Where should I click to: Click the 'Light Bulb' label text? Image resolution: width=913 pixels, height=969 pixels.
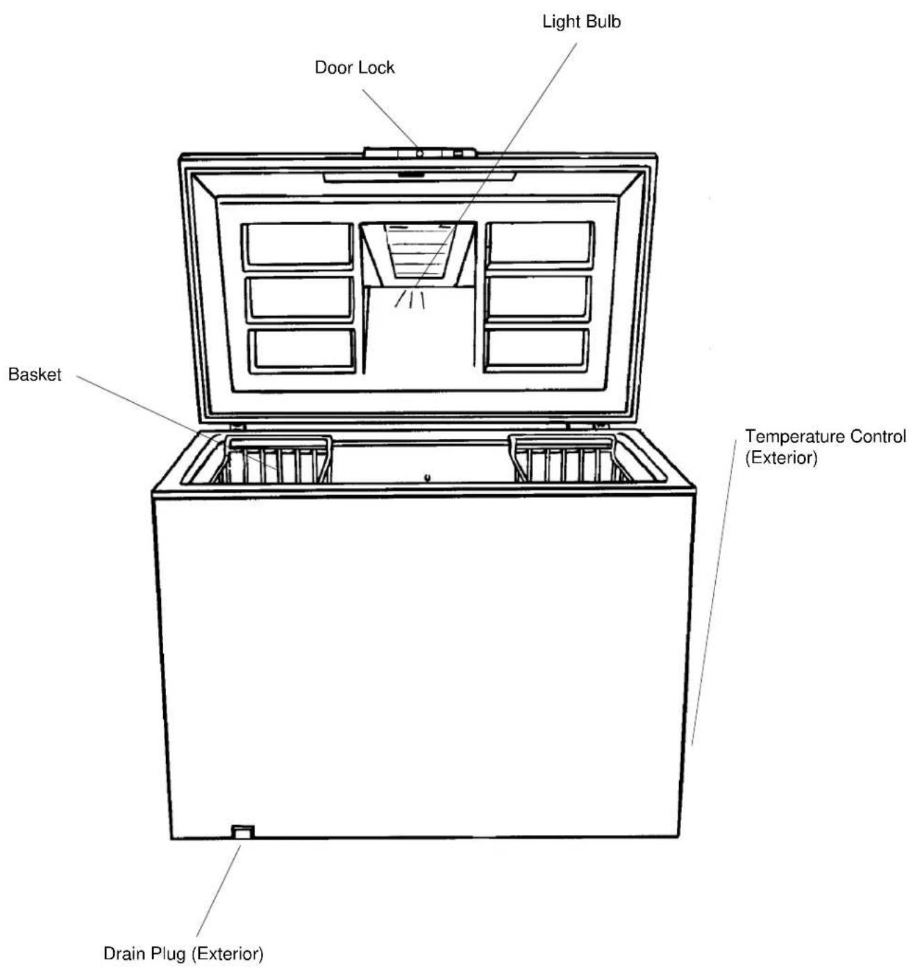coord(581,22)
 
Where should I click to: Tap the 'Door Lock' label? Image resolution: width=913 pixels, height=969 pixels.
coord(354,67)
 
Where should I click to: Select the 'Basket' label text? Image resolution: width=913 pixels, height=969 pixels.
coord(35,375)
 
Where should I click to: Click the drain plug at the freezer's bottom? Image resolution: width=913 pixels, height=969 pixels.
coord(242,831)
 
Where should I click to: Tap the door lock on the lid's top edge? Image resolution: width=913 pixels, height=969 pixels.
coord(419,153)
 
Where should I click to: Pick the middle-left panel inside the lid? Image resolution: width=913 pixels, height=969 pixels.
coord(300,299)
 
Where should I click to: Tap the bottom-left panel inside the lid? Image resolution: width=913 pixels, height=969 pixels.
coord(303,349)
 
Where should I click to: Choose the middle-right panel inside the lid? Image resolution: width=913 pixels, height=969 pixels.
coord(539,298)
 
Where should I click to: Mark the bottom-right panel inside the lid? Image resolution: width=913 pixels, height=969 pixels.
coord(537,348)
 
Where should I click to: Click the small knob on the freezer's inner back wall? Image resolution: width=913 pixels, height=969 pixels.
coord(428,477)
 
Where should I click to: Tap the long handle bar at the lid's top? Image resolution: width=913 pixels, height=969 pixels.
coord(419,176)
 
